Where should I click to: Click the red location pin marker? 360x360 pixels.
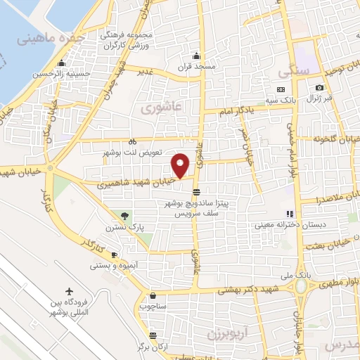pyautogui.click(x=181, y=165)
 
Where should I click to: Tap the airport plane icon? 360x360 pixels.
pyautogui.click(x=69, y=292)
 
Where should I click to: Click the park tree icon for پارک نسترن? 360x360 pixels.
pyautogui.click(x=125, y=215)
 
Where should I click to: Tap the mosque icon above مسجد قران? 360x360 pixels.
pyautogui.click(x=196, y=56)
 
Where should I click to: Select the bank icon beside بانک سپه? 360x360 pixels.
pyautogui.click(x=281, y=90)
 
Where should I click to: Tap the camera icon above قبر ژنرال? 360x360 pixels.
pyautogui.click(x=320, y=88)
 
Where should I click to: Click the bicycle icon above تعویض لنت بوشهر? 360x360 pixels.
pyautogui.click(x=132, y=141)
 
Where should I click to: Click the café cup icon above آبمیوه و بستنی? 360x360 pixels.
pyautogui.click(x=114, y=255)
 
